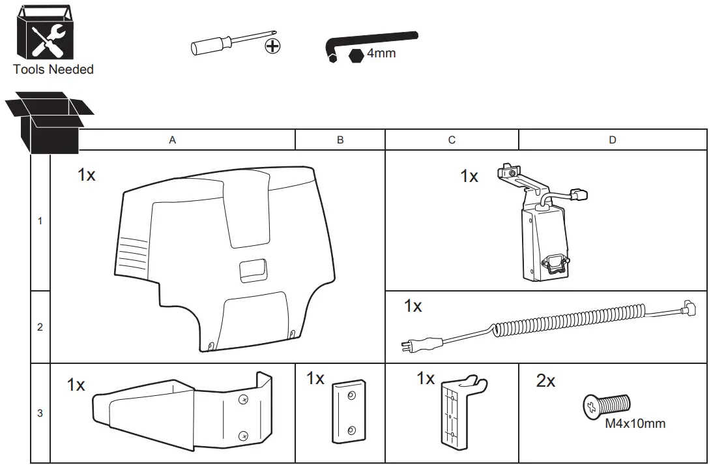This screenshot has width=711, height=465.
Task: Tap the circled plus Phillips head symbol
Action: (x=273, y=46)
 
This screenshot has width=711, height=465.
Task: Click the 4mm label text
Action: (x=381, y=53)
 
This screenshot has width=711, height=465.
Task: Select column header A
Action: (x=173, y=140)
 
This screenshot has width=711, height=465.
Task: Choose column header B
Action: (x=340, y=140)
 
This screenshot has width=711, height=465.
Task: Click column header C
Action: (x=452, y=140)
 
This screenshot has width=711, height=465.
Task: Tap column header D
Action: (x=613, y=140)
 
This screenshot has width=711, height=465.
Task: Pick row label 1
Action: (x=40, y=221)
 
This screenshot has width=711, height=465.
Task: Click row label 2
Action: (x=40, y=327)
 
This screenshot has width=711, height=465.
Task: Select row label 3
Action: (x=40, y=413)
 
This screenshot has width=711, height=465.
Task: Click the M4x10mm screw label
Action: (x=635, y=424)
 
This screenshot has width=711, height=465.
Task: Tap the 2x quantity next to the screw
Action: (x=545, y=381)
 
